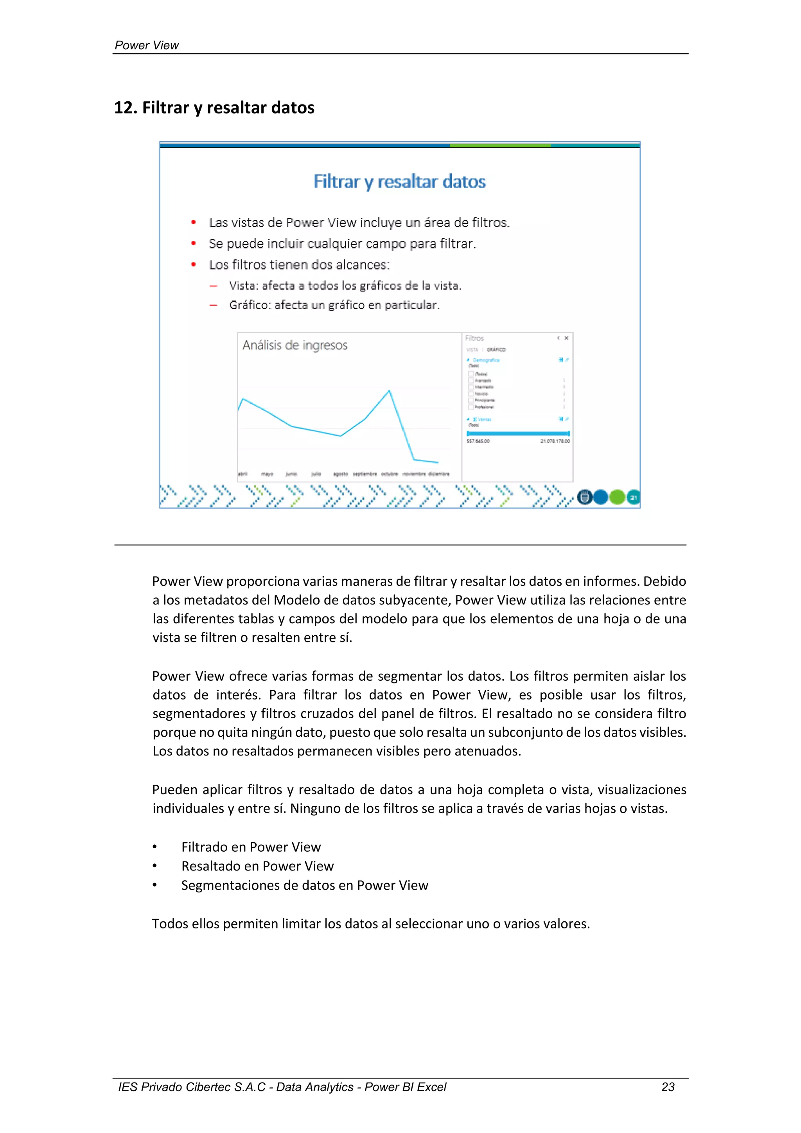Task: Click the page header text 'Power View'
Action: [x=147, y=45]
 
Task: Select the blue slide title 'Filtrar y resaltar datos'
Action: [x=399, y=182]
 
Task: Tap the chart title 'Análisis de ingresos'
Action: [x=295, y=345]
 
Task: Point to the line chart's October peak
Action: [x=389, y=391]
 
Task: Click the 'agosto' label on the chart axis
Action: [x=340, y=474]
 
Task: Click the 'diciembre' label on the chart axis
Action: [x=438, y=474]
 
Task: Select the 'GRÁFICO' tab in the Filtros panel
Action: [x=496, y=350]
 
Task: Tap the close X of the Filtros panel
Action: [x=566, y=338]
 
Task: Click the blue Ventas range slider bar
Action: [x=518, y=433]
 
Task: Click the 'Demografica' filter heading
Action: [x=486, y=360]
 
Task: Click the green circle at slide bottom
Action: [x=617, y=497]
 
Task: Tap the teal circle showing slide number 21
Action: [x=633, y=497]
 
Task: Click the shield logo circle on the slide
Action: [x=584, y=497]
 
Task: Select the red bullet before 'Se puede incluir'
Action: [x=194, y=244]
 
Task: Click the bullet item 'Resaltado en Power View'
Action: [x=257, y=866]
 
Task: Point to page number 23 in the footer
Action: [x=668, y=1087]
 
